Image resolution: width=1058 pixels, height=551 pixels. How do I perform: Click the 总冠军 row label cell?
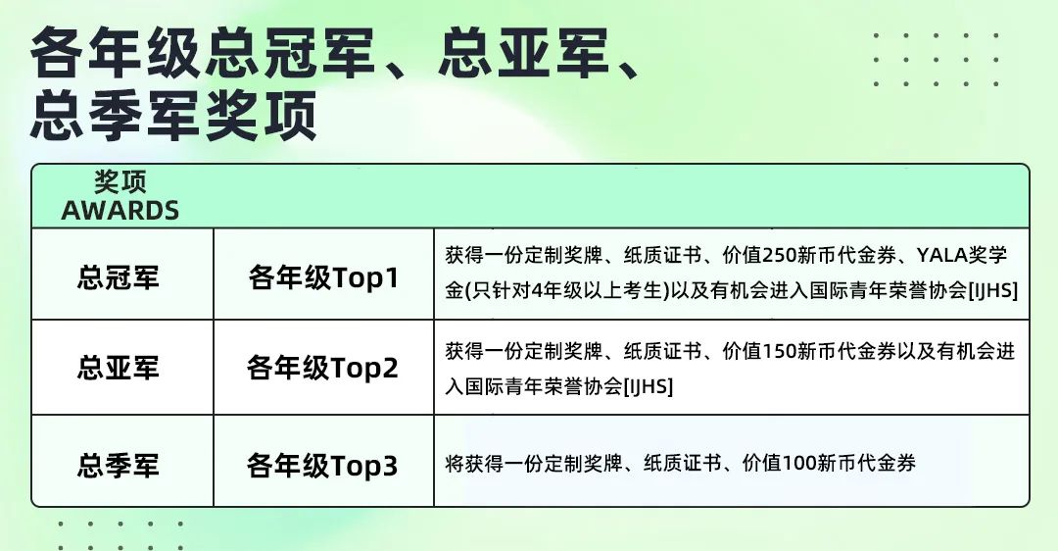pos(119,277)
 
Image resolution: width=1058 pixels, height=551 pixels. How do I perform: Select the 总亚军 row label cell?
pos(119,368)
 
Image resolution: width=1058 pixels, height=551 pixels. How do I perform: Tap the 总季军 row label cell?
pos(119,463)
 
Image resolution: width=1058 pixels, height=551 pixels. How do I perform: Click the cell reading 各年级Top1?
pos(323,277)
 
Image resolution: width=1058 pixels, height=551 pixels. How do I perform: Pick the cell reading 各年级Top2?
pos(323,368)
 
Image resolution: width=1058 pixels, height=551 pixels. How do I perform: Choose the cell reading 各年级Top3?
pos(323,463)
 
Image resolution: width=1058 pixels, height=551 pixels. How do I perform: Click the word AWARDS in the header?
pos(120,210)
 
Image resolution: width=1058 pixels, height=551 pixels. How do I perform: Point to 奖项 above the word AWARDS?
pos(120,182)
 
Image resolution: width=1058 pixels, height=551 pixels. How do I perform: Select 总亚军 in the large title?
pos(524,54)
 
